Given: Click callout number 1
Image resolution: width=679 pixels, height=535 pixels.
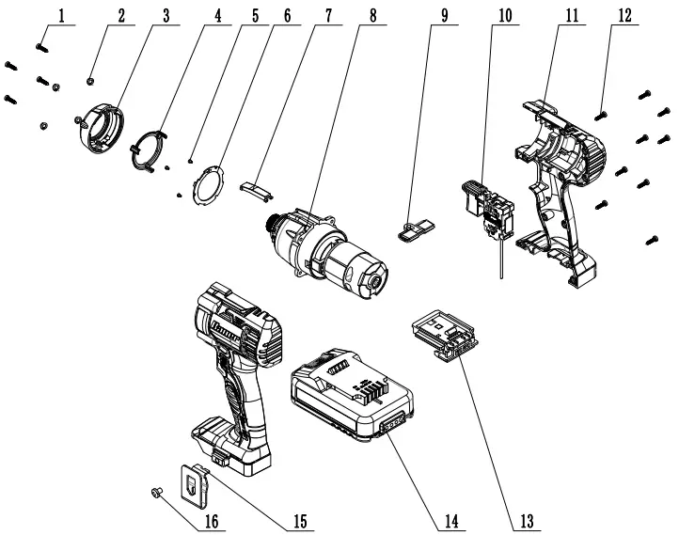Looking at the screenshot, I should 62,16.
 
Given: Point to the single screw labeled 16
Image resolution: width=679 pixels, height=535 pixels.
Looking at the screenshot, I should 158,491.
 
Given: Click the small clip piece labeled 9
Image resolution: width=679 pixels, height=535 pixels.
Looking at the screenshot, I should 415,228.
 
